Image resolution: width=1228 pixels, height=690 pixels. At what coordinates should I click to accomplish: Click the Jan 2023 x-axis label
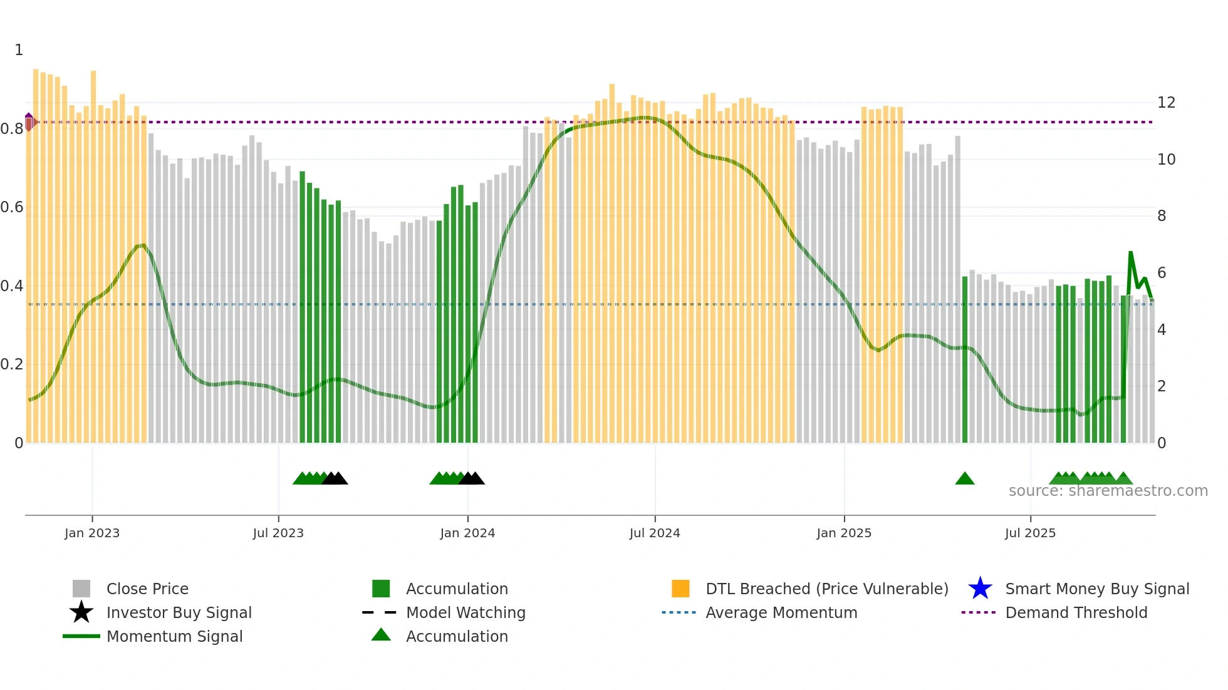click(91, 533)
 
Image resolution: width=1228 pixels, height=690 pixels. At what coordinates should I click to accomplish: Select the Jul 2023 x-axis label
click(278, 533)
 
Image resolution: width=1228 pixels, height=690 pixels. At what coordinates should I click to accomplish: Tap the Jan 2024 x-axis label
click(467, 533)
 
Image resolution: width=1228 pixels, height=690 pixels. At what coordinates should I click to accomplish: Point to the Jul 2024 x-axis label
click(655, 533)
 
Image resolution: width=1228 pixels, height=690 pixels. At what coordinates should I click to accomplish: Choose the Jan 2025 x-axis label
click(844, 533)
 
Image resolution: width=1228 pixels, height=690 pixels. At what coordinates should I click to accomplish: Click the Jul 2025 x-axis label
click(1030, 533)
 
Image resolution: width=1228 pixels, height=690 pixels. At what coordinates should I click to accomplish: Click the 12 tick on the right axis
click(1166, 103)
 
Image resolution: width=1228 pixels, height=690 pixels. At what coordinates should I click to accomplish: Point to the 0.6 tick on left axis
click(13, 207)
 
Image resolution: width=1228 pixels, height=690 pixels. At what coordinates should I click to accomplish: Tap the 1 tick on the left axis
click(19, 50)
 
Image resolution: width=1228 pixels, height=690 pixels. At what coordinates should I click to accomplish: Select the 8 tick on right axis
click(1162, 216)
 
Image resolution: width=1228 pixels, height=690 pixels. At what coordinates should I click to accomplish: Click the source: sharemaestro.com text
click(1108, 491)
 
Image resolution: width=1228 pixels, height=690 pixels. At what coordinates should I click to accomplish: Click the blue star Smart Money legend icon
click(980, 589)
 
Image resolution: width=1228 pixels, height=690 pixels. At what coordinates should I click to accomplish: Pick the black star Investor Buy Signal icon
click(81, 612)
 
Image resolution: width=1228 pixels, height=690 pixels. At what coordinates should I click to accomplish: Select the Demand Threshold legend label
click(1076, 612)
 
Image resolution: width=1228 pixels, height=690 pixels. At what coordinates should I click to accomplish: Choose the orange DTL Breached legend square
click(680, 589)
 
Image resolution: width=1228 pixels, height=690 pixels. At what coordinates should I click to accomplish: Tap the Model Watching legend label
click(466, 612)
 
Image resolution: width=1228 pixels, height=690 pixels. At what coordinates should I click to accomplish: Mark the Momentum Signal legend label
click(174, 636)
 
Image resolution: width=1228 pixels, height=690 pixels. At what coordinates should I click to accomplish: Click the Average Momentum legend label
click(781, 612)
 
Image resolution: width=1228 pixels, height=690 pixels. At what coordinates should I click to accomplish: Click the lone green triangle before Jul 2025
click(964, 479)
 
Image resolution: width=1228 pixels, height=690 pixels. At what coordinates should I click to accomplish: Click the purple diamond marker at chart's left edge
click(29, 121)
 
